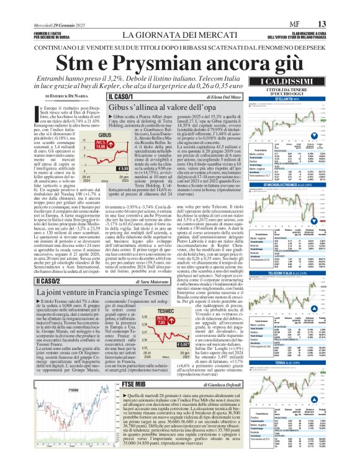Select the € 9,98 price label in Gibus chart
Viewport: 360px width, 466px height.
124,168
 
